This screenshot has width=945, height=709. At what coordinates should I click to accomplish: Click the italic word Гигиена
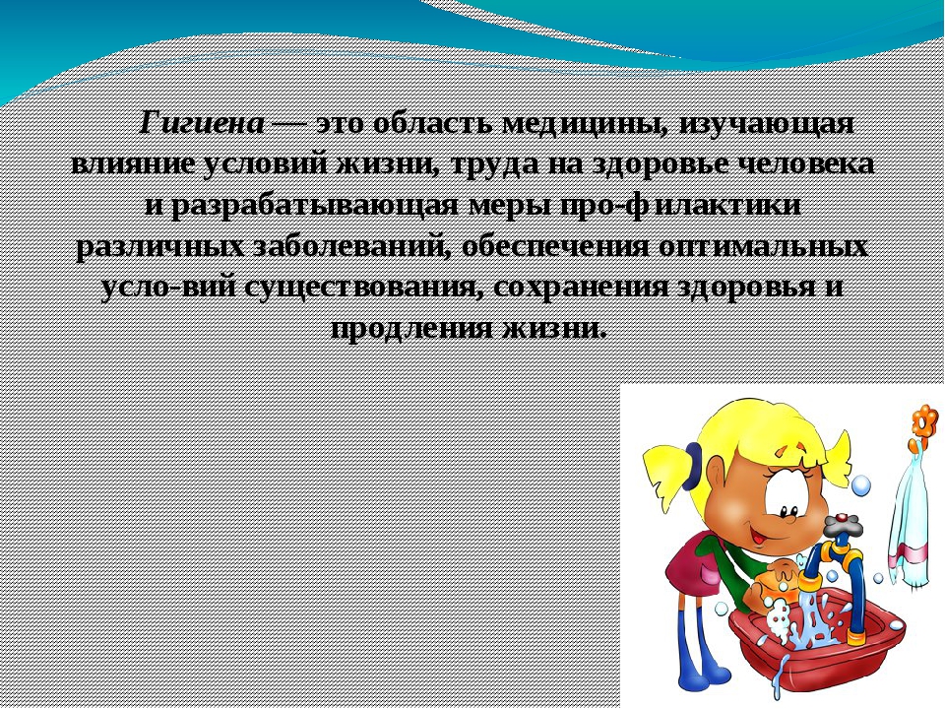(x=203, y=125)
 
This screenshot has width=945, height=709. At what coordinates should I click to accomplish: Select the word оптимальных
(x=763, y=246)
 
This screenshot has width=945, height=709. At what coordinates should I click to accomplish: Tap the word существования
(x=364, y=288)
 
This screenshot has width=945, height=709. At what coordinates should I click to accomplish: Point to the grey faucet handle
(x=842, y=523)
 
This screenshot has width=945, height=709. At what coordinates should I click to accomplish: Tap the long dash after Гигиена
(x=290, y=125)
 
